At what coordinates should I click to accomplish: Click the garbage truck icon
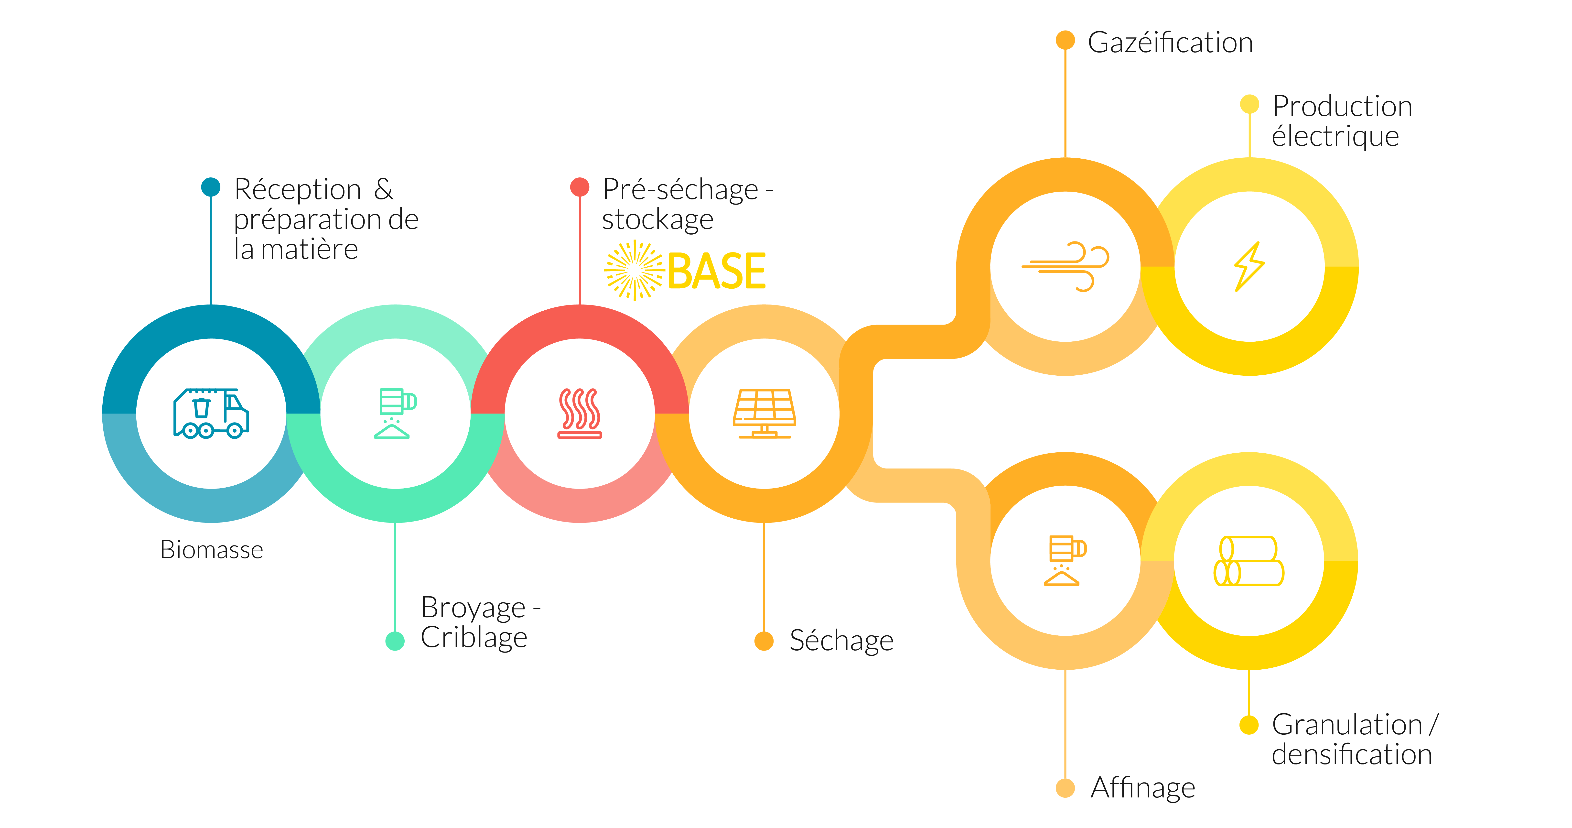click(211, 414)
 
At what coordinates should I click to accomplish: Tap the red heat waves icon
click(580, 414)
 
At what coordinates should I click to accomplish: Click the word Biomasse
click(212, 550)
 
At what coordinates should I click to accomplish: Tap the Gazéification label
click(1170, 43)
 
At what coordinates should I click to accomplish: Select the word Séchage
click(841, 641)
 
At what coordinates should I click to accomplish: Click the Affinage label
click(1143, 788)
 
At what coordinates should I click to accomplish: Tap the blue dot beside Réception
click(211, 187)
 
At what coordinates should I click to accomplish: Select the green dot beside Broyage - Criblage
click(395, 641)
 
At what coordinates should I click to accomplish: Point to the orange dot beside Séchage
click(764, 641)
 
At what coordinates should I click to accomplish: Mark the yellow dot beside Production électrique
click(1249, 104)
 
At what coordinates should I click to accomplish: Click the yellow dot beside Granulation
click(1249, 725)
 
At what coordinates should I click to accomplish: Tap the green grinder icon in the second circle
click(395, 414)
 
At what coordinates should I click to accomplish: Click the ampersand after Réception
click(383, 189)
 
